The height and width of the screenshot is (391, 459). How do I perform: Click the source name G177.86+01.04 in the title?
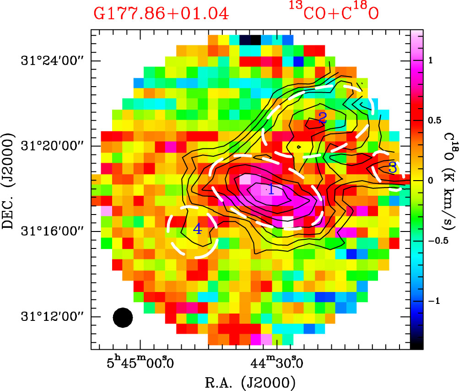click(161, 13)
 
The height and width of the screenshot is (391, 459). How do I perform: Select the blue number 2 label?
click(322, 118)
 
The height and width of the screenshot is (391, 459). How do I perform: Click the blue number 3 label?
click(392, 167)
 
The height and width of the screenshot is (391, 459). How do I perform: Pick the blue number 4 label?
click(197, 229)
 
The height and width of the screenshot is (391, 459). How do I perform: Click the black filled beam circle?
click(123, 318)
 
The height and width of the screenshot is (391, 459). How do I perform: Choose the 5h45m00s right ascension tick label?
click(140, 364)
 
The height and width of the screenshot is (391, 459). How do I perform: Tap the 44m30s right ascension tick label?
click(276, 364)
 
